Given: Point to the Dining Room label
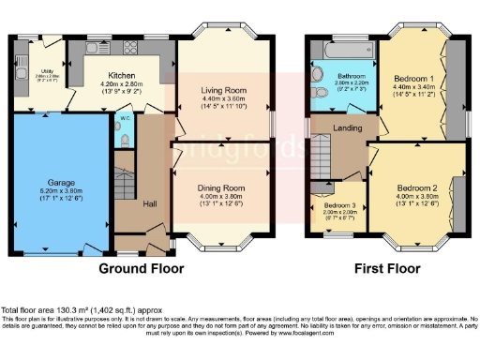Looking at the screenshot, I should click(x=220, y=187).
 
